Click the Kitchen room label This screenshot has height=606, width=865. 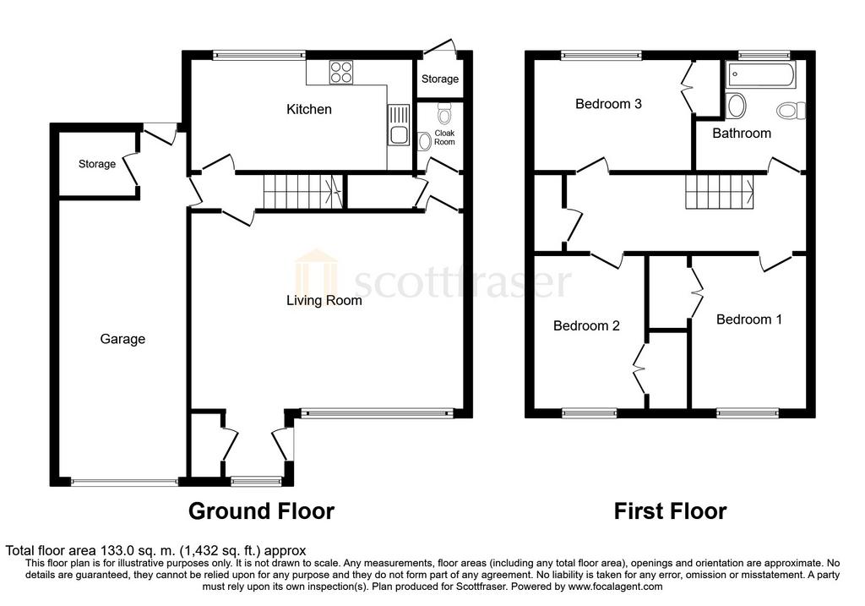(x=309, y=109)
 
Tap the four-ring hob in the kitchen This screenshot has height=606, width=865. (x=341, y=73)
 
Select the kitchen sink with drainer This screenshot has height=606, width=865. (x=398, y=125)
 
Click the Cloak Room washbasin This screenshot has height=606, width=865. (x=424, y=141)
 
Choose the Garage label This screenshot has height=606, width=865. (x=122, y=339)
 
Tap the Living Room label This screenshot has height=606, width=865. (x=324, y=300)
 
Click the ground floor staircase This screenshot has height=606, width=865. (x=303, y=192)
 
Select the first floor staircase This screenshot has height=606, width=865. (x=720, y=192)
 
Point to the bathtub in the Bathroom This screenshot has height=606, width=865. (x=761, y=75)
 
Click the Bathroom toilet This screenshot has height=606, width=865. (x=791, y=111)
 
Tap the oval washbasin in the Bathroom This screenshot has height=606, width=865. (x=737, y=106)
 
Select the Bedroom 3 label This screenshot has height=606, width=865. (x=608, y=104)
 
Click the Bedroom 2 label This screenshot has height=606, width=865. (x=586, y=325)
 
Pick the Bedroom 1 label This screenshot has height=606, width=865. (x=749, y=319)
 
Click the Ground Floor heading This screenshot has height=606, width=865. (x=262, y=511)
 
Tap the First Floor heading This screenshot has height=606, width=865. (x=670, y=511)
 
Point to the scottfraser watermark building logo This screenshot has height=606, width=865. (x=316, y=274)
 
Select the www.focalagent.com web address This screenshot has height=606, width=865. (x=615, y=587)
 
